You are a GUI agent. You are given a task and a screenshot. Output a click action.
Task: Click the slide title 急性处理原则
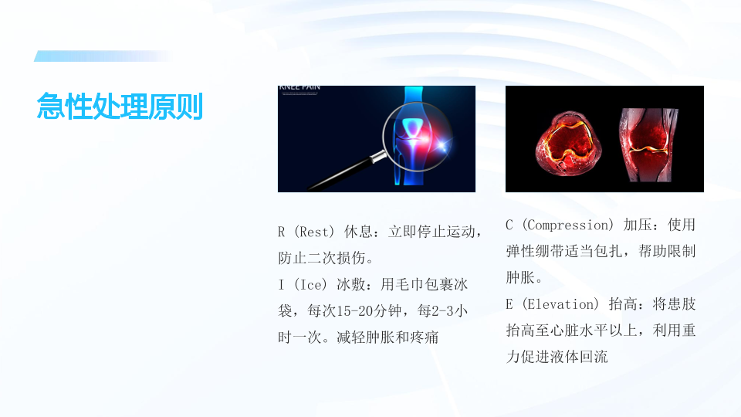120,106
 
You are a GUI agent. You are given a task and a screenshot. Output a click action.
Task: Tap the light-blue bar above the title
103,56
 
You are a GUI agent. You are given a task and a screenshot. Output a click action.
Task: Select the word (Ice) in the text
310,285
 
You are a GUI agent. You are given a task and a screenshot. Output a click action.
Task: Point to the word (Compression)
567,225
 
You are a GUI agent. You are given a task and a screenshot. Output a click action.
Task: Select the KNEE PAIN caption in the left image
299,87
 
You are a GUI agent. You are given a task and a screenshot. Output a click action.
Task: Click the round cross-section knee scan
568,144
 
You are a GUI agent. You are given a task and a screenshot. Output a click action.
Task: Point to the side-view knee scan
648,144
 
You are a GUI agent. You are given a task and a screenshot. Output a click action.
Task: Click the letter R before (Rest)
281,232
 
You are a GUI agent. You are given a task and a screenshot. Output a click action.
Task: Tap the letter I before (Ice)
281,285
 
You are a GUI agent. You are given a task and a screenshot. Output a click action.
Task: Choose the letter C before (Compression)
509,225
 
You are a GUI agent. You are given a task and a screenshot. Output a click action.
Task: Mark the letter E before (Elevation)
509,304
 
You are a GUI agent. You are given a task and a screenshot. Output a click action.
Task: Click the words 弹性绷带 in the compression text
535,251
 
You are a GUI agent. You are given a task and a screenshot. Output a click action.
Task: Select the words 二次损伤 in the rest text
337,258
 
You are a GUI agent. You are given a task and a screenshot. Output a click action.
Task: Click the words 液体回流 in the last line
579,357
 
